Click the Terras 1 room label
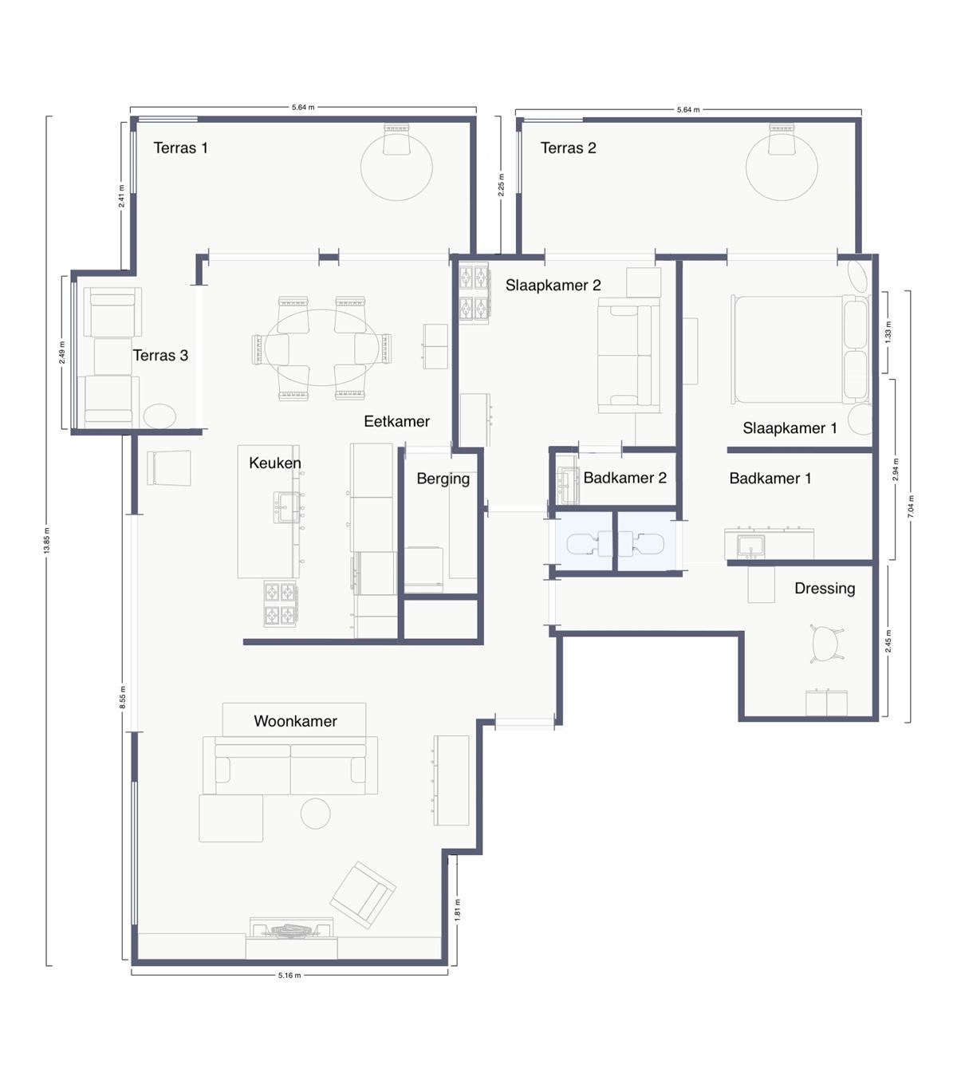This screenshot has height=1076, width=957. [x=180, y=148]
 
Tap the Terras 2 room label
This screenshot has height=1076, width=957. [x=568, y=148]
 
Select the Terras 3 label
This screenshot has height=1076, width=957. [x=160, y=356]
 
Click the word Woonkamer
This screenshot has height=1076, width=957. [x=295, y=721]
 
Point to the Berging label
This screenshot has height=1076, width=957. [x=443, y=479]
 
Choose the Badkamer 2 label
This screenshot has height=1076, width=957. [x=624, y=478]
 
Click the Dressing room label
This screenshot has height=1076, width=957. [x=825, y=589]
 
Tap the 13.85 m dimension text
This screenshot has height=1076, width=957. [x=47, y=541]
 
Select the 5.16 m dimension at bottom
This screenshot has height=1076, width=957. [x=289, y=975]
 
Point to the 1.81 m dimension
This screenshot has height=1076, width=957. [x=457, y=910]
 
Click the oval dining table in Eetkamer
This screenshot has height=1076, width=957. [x=322, y=348]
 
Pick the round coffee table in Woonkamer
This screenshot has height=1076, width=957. [x=315, y=813]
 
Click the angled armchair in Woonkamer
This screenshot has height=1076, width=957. [x=363, y=894]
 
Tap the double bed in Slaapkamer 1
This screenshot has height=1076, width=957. [x=790, y=349]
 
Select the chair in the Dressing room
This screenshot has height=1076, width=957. [x=826, y=641]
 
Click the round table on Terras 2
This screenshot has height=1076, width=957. [x=782, y=168]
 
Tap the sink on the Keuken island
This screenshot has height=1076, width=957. [x=286, y=506]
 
